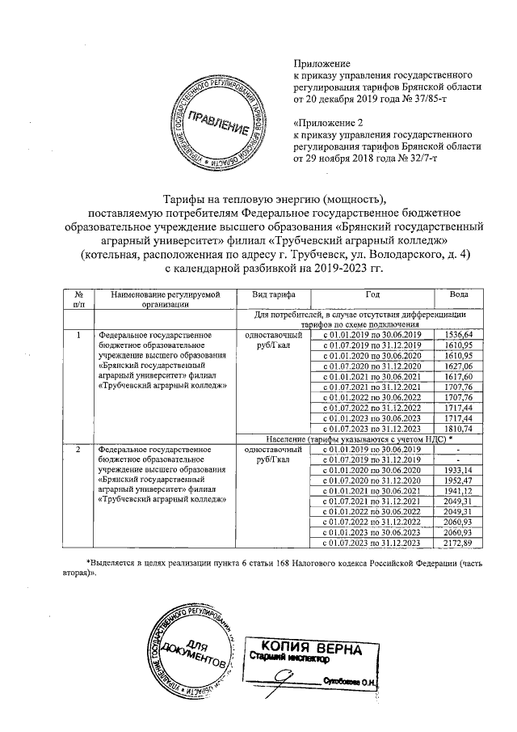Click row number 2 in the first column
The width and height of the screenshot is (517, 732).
(x=78, y=449)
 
